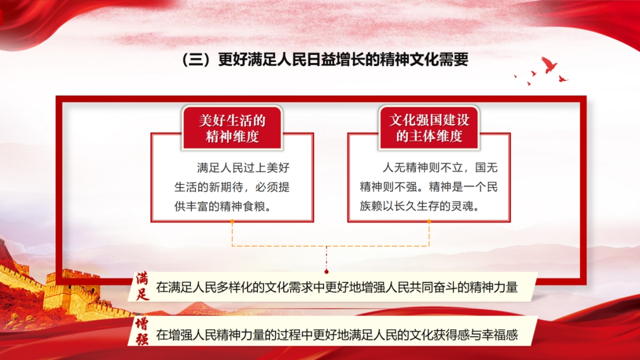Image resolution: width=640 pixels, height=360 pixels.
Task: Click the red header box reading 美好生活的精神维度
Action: pos(232,128)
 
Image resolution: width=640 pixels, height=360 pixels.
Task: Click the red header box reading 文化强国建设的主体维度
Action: pos(429,128)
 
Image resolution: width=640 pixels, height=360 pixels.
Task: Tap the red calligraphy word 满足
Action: pos(142,286)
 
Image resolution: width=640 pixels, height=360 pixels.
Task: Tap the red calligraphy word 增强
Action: pos(142,332)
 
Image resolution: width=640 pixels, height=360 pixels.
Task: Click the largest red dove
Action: pos(549,64)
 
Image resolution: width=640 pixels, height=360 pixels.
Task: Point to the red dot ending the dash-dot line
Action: pos(326,271)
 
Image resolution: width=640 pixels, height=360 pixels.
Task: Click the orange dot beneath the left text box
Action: pos(232,222)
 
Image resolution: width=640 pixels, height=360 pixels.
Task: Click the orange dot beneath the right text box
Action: pos(429,222)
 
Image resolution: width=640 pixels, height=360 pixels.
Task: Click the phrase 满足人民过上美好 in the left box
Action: pos(243,168)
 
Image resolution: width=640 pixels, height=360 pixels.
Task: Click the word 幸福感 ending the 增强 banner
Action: pos(500,335)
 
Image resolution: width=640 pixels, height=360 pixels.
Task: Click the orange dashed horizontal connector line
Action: pos(330,246)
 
